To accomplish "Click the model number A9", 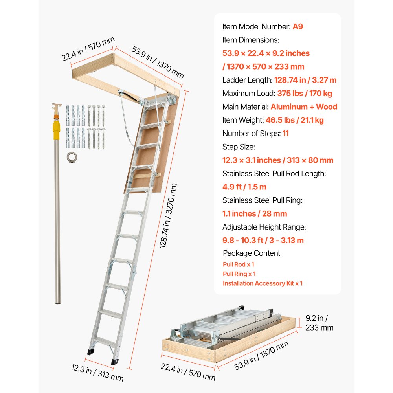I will coord(298,27).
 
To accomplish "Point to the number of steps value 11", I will coord(286,134).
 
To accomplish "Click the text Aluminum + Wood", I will coord(304,107).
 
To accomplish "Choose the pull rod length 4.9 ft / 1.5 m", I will coord(244,187).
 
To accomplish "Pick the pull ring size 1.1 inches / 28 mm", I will coord(255,214).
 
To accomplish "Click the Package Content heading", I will coord(252,253).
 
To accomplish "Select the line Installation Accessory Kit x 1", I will coord(263,283).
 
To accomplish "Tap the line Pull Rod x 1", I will coord(238,264).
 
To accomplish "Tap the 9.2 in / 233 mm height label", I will coord(319,323).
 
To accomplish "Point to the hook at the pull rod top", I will coord(57,107).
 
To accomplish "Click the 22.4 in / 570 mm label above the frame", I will coord(88,50).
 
